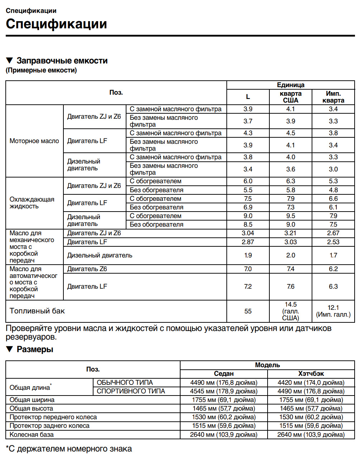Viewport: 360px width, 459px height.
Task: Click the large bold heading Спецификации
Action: click(x=56, y=24)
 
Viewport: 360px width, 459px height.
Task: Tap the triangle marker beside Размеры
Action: click(x=10, y=349)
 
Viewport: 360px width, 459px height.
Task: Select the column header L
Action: click(x=248, y=97)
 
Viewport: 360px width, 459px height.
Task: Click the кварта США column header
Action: click(x=291, y=97)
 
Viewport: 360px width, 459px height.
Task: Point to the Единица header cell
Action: click(x=291, y=85)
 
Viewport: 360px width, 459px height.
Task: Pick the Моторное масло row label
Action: click(x=34, y=141)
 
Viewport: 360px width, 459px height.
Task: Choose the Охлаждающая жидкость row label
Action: click(x=32, y=203)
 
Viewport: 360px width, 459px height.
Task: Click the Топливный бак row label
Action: click(x=37, y=311)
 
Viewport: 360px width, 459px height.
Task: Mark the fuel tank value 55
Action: click(x=248, y=311)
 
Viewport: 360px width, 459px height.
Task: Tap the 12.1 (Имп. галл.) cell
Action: click(x=333, y=311)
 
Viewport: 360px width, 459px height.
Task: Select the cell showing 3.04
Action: click(x=248, y=233)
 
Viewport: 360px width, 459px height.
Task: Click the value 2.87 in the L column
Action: click(x=248, y=242)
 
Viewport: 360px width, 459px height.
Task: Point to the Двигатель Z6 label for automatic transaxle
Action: click(x=87, y=269)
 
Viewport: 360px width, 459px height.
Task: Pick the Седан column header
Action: click(x=224, y=374)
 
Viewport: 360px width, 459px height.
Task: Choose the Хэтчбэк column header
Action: click(x=311, y=374)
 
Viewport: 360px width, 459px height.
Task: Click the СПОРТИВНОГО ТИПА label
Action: click(x=131, y=391)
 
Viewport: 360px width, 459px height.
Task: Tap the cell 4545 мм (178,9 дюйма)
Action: click(x=224, y=391)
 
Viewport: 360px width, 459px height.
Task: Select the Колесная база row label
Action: click(x=32, y=435)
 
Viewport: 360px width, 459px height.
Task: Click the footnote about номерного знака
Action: click(x=69, y=449)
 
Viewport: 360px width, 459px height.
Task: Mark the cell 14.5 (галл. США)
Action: click(x=291, y=311)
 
